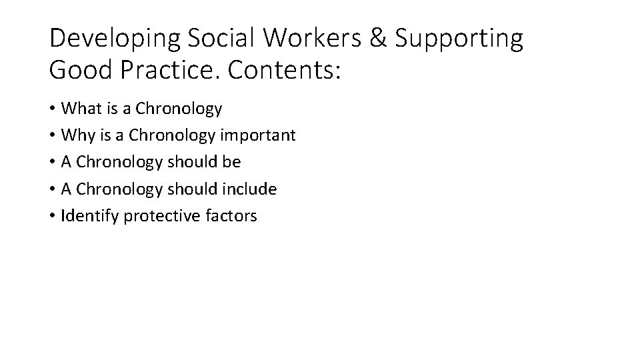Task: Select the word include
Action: click(x=250, y=189)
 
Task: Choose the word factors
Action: click(x=231, y=216)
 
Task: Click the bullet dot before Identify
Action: click(x=52, y=217)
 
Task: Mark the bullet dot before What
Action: click(x=52, y=109)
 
